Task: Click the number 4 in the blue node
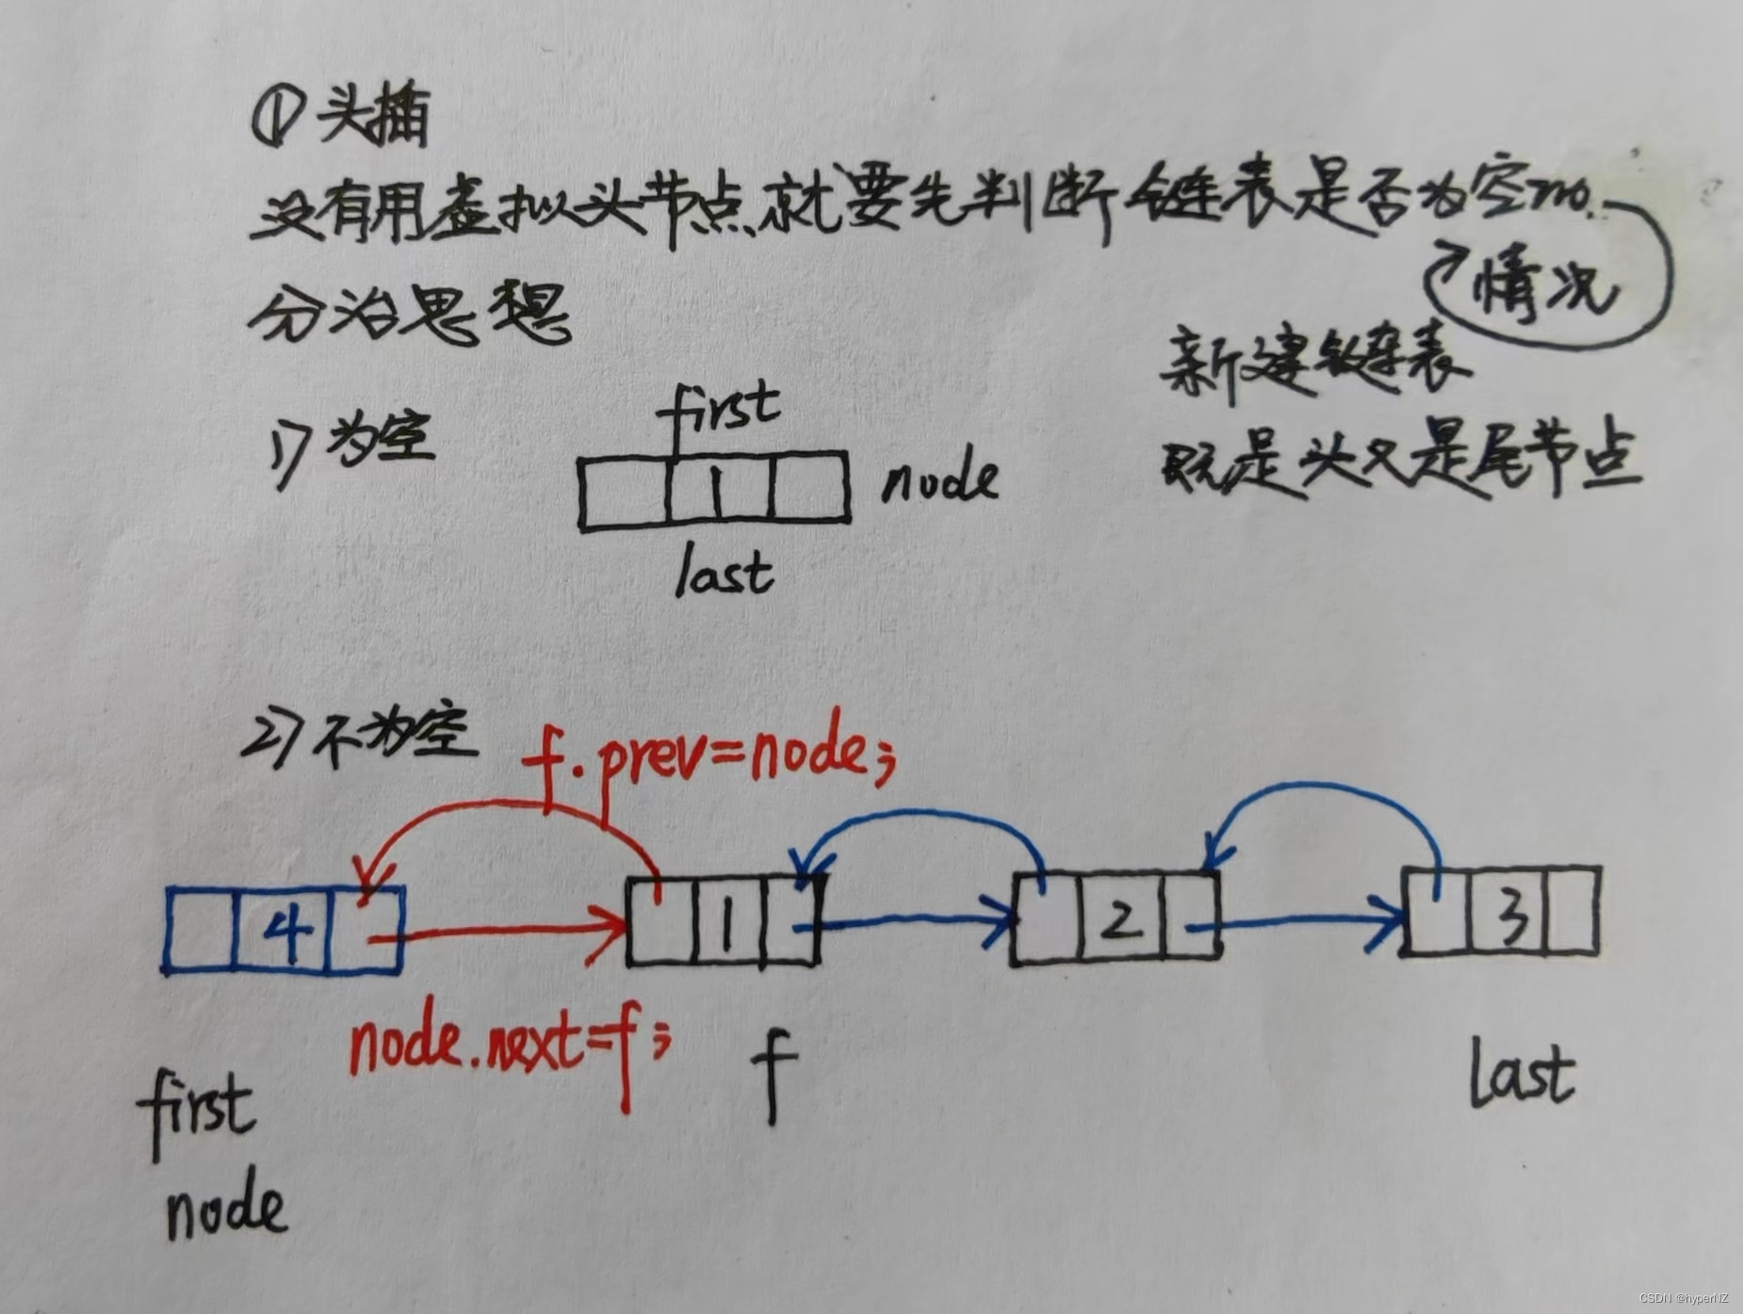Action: [x=285, y=930]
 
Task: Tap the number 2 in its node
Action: [x=1118, y=918]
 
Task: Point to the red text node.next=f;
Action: [x=509, y=1046]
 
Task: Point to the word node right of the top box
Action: [x=939, y=480]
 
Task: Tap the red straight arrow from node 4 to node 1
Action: [x=499, y=931]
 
